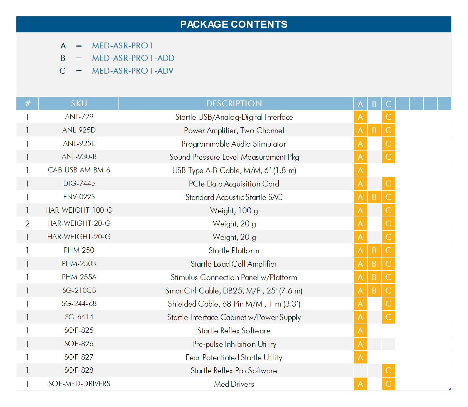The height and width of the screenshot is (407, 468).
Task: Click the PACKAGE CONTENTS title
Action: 234,25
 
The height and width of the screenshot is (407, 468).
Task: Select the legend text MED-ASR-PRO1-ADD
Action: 133,58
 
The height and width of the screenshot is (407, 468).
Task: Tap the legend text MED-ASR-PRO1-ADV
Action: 133,71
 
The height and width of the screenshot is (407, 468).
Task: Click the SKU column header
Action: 79,104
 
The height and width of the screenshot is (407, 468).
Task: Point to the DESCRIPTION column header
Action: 234,104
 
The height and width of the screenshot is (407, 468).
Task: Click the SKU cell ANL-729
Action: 79,117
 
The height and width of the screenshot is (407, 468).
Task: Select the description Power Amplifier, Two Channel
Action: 234,131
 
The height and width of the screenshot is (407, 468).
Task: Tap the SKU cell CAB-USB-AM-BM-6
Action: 79,170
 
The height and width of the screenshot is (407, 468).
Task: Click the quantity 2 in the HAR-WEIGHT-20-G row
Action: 27,223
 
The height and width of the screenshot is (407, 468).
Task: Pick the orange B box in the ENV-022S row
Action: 374,197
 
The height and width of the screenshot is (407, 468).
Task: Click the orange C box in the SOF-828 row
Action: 388,371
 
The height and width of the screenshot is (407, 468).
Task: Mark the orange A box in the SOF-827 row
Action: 360,357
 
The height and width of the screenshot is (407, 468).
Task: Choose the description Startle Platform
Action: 234,251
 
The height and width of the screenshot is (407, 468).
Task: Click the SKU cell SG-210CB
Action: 79,291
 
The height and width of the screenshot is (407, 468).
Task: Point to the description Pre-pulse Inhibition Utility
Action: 234,344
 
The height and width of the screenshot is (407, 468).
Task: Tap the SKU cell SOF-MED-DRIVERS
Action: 79,384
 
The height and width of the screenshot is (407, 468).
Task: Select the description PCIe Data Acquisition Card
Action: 234,184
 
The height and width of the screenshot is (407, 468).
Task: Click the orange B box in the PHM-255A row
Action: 374,277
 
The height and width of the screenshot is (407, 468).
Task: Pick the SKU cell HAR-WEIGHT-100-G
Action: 79,210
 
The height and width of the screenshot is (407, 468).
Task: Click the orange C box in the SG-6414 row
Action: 388,317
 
